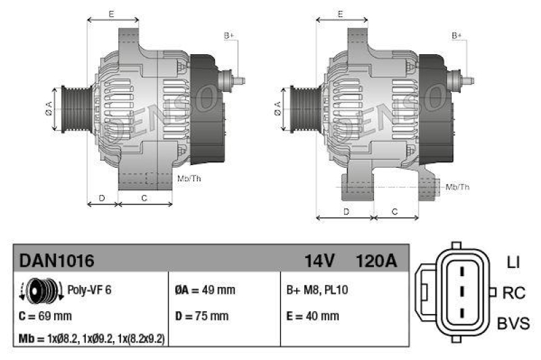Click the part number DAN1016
[56, 261]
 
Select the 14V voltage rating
[320, 261]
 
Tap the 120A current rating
[376, 261]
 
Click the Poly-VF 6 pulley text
[89, 290]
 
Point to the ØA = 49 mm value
[205, 290]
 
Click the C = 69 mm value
[45, 315]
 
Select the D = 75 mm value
[202, 315]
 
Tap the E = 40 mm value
[312, 315]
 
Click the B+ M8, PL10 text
[318, 290]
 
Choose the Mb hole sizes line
[91, 338]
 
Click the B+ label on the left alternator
[229, 35]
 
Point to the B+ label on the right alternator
[457, 35]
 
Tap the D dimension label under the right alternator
[346, 212]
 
